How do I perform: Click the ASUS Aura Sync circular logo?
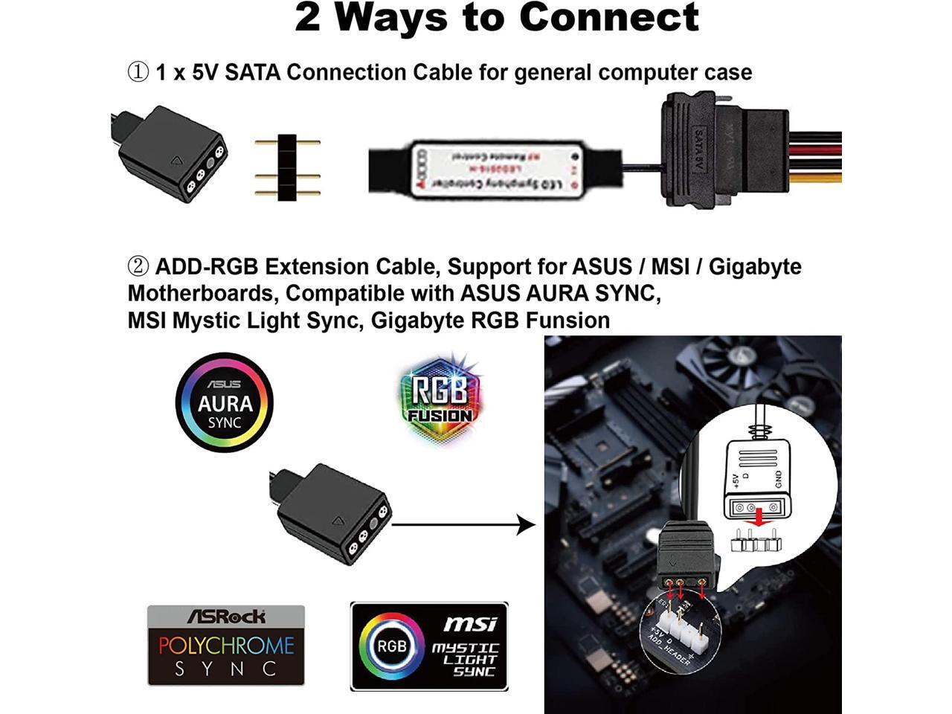(x=225, y=402)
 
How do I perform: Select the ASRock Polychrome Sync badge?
(x=226, y=646)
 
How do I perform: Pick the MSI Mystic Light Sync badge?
(x=429, y=646)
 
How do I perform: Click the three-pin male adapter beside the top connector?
(x=287, y=167)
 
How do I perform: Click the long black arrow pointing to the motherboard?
(x=463, y=525)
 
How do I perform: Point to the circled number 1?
(x=138, y=72)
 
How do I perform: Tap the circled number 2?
(x=138, y=266)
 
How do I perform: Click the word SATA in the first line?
(x=253, y=72)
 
